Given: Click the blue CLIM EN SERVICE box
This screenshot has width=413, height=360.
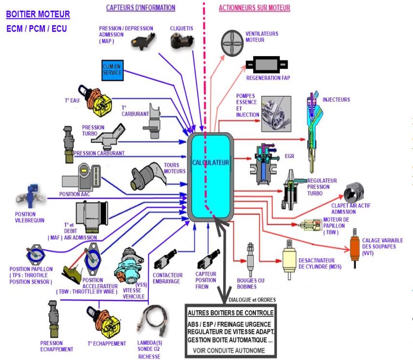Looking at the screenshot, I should (113, 70).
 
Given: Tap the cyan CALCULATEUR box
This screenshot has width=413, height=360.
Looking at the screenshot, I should (211, 177).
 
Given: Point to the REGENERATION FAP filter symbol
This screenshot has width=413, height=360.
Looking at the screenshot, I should (267, 65).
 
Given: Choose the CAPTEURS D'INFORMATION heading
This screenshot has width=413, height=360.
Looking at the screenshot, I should (140, 8).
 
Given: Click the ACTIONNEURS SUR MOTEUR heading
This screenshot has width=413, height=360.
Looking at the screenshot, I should (255, 8).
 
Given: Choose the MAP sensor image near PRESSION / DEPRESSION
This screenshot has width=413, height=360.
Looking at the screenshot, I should (141, 42).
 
